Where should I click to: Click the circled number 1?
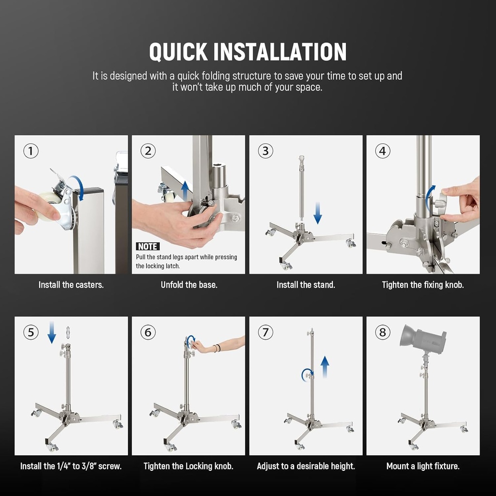pos(31,151)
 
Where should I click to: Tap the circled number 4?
pos(382,151)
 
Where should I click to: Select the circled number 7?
pos(265,332)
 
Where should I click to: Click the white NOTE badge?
pos(147,247)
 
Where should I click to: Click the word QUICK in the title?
pos(178,52)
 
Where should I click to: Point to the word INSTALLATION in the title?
pos(280,52)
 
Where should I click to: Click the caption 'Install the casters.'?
pos(71,285)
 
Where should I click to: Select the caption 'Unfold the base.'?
pos(189,285)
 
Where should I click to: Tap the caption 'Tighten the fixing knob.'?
pos(423,285)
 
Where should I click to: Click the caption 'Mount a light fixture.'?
pos(423,466)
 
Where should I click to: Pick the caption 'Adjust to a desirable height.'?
pos(306,466)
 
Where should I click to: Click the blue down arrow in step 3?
pos(317,213)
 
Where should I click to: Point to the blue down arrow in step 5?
pos(52,334)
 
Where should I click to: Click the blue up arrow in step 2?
pos(185,191)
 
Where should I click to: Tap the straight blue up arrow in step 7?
pos(325,367)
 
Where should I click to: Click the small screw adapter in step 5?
pos(68,334)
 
